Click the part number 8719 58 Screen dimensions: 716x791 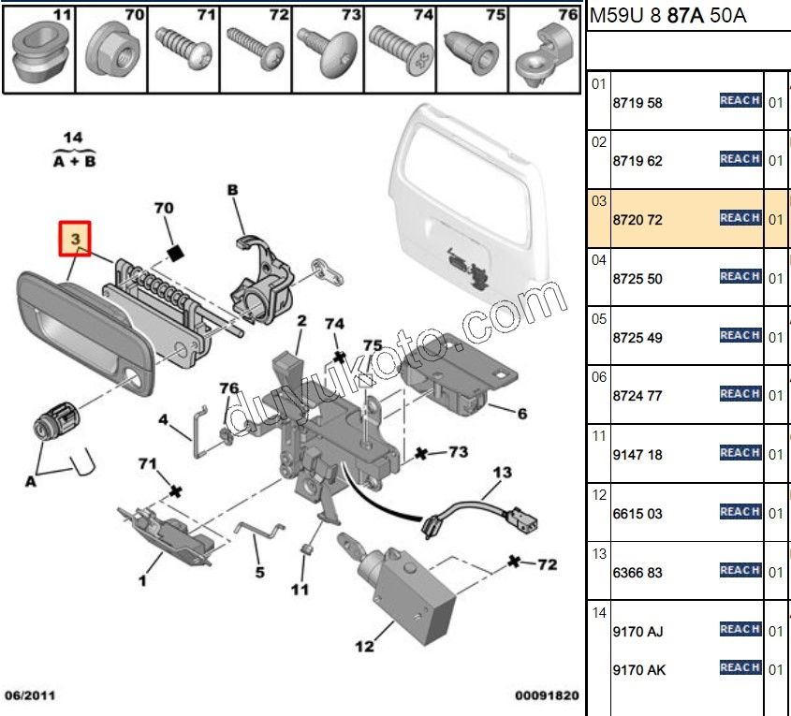coord(637,103)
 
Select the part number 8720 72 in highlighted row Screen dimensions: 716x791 coord(637,220)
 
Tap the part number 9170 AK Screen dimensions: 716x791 coord(639,670)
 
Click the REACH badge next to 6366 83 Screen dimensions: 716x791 coord(740,570)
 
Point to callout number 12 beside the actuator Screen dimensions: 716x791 coord(364,646)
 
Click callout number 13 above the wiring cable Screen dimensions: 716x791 coord(503,473)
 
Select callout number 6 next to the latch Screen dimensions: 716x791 coord(521,413)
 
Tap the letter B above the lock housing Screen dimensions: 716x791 coord(232,190)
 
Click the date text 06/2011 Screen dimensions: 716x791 coord(28,695)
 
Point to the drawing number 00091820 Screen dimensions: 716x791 coord(547,695)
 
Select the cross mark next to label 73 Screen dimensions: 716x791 coord(422,454)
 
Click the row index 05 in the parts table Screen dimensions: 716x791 coord(599,318)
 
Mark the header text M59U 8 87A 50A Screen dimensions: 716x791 coord(667,16)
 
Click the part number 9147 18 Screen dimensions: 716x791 coord(637,455)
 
